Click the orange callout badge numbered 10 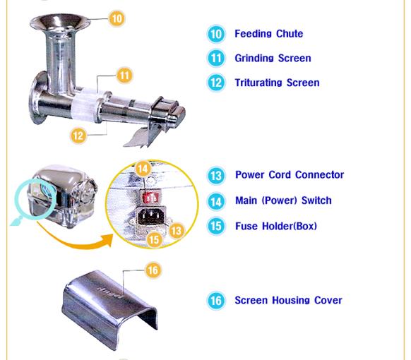[x=117, y=18]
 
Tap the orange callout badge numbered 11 [x=124, y=76]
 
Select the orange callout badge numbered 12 [x=78, y=136]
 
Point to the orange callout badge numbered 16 [x=153, y=270]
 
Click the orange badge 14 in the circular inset [x=143, y=169]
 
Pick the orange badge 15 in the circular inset [x=154, y=239]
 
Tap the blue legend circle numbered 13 [x=216, y=176]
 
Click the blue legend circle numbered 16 [x=216, y=301]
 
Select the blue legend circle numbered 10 [x=216, y=34]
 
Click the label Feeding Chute [x=268, y=34]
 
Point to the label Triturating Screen [x=277, y=83]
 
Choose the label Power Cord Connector [x=290, y=175]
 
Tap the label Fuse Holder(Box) [x=276, y=226]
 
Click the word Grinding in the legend [x=254, y=59]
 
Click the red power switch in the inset [x=150, y=197]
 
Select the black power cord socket [x=152, y=216]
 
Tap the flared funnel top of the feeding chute [x=60, y=23]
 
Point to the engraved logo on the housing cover [x=110, y=292]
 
